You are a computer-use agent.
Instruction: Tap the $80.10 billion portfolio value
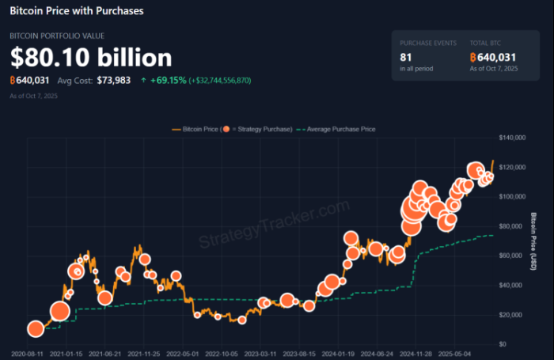(x=91, y=58)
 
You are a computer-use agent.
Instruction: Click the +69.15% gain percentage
(x=168, y=80)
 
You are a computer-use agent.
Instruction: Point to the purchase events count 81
(x=406, y=57)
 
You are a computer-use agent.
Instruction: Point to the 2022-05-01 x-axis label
(x=181, y=354)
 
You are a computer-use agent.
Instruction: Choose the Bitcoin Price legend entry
(x=197, y=128)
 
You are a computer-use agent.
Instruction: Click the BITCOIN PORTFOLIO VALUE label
(x=56, y=36)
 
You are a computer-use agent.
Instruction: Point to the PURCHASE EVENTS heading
(x=428, y=42)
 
